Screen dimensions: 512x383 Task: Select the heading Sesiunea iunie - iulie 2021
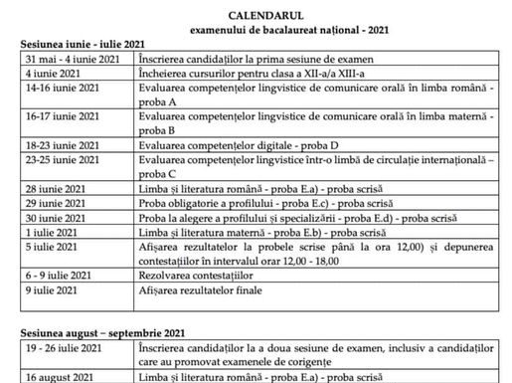(81, 46)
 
